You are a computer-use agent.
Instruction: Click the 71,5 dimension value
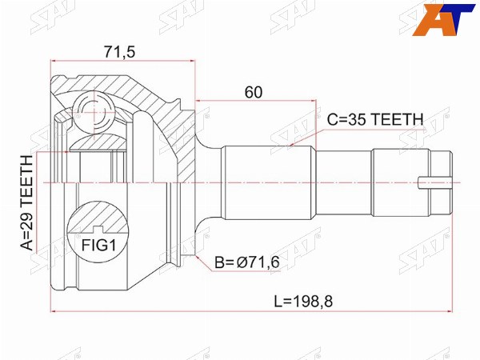coord(119,52)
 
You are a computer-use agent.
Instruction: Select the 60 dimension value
coord(254,92)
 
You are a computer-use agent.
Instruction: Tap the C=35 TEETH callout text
coord(375,119)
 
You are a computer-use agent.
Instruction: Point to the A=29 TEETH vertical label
coord(27,203)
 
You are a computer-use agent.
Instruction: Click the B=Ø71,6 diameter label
coord(247,262)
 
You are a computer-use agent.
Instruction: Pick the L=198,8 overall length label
coord(303,302)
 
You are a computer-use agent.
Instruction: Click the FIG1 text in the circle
coord(98,245)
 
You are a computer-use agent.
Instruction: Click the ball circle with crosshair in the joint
coord(94,112)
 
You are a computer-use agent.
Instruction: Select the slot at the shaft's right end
coord(434,182)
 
